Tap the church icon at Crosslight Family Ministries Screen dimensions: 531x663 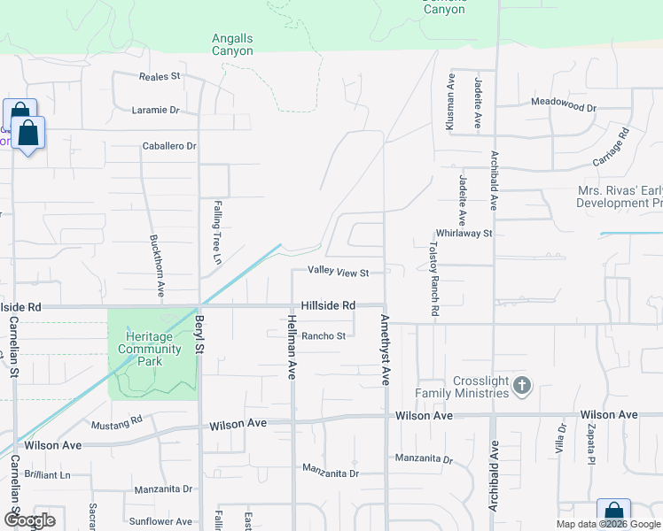tap(522, 385)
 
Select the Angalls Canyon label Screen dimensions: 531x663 tap(232, 44)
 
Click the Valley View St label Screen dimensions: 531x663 tap(338, 272)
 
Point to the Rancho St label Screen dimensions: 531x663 tap(323, 335)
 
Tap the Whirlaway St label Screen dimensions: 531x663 tap(463, 233)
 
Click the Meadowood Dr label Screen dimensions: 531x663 tap(564, 103)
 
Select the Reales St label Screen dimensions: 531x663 tap(160, 76)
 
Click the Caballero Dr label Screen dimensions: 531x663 tap(169, 146)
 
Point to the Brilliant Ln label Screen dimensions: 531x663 tap(48, 474)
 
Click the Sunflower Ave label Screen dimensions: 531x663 tap(160, 522)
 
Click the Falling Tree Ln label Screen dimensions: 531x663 tap(216, 232)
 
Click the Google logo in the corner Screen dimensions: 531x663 tap(28, 519)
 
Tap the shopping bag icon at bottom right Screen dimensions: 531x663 tap(613, 514)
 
